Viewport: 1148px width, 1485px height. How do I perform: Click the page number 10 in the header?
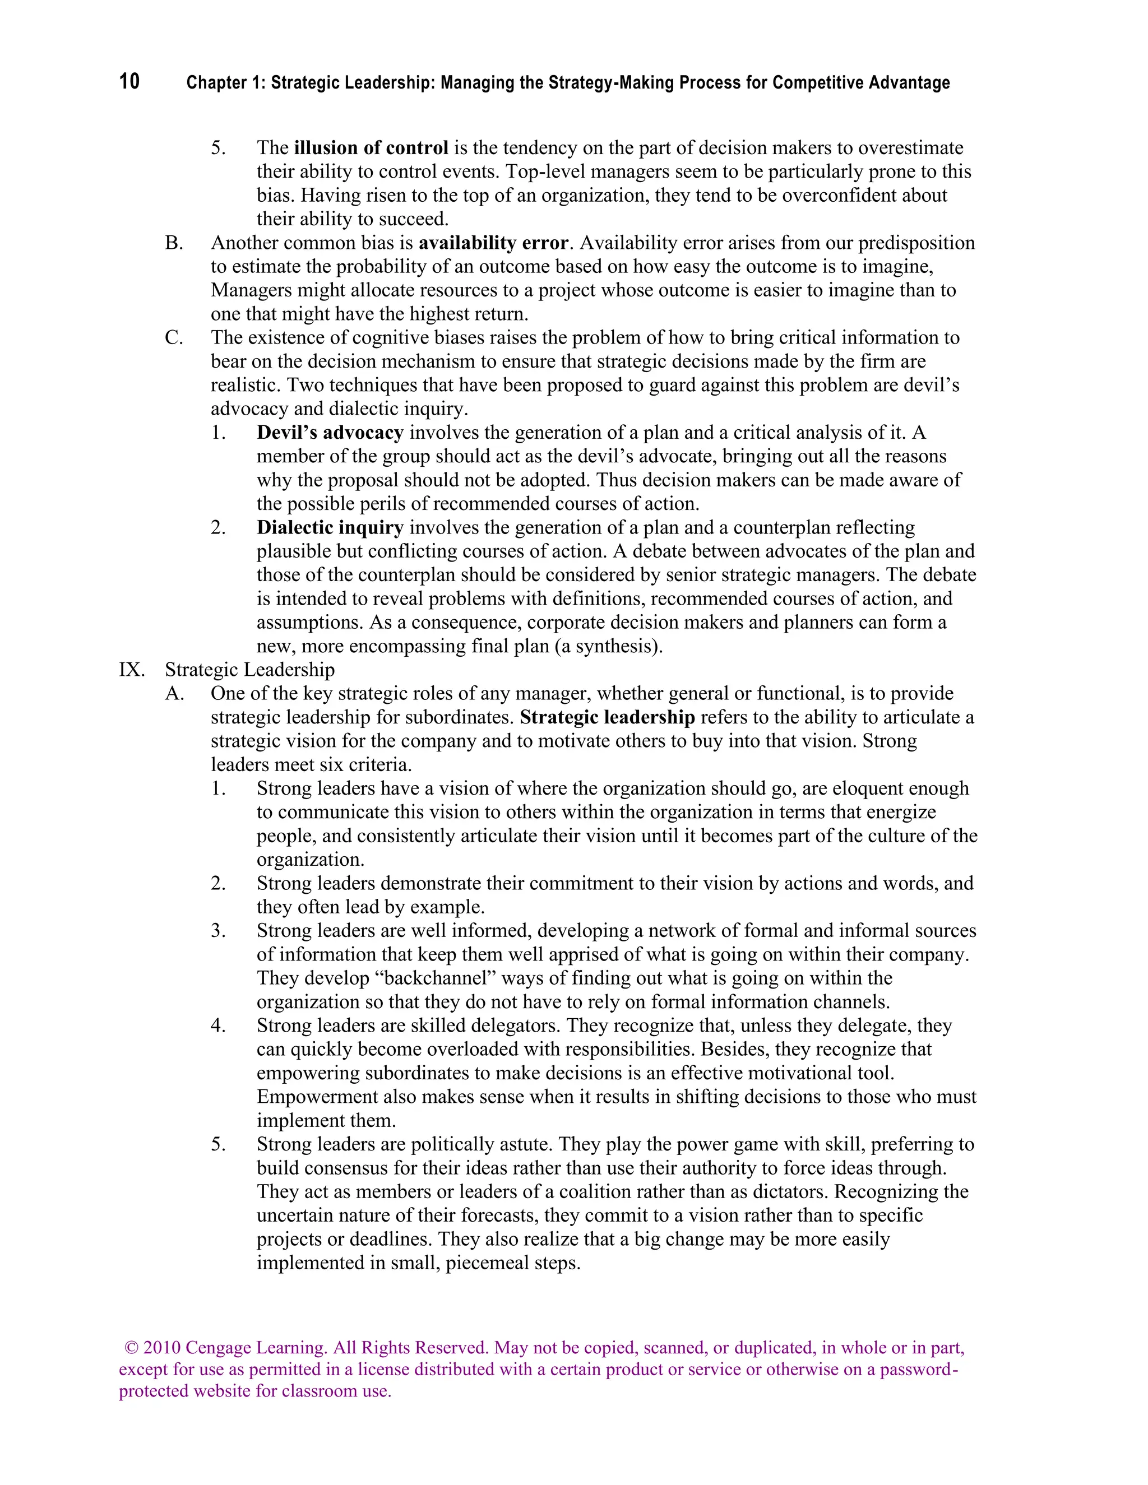(x=129, y=82)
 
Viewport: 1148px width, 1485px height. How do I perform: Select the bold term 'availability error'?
(x=493, y=243)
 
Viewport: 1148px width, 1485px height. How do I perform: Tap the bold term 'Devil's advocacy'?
(x=330, y=433)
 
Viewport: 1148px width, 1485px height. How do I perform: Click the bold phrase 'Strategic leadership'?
(x=607, y=717)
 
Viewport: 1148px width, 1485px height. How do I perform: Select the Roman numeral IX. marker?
(x=132, y=670)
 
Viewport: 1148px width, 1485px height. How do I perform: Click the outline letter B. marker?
(x=174, y=243)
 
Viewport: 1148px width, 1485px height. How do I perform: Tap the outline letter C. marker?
(x=174, y=338)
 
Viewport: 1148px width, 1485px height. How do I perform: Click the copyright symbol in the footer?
(x=132, y=1348)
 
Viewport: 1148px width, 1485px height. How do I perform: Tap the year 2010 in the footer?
(x=161, y=1348)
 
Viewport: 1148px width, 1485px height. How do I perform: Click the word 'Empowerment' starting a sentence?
(x=315, y=1097)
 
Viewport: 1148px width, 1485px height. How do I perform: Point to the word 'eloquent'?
(x=871, y=789)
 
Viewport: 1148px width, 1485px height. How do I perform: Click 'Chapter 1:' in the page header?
(x=225, y=83)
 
